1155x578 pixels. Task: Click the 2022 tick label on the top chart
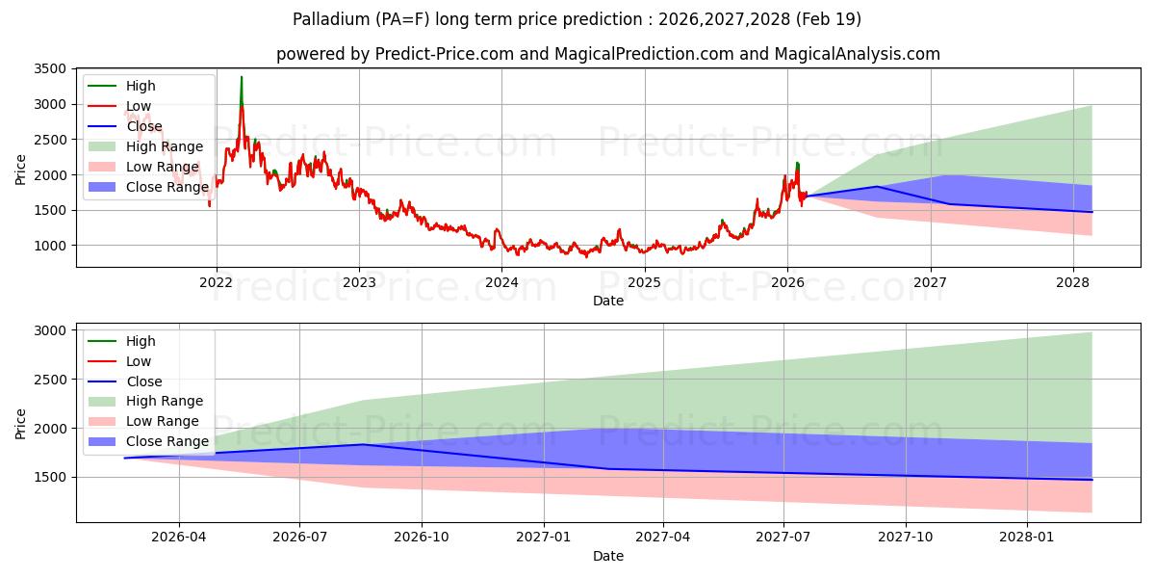[216, 282]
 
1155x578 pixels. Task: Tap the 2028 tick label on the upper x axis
[1073, 282]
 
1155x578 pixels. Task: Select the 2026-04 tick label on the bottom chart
[179, 538]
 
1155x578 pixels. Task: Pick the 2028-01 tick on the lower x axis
[1028, 538]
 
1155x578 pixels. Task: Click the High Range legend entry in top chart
[165, 146]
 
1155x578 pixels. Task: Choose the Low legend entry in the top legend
[139, 106]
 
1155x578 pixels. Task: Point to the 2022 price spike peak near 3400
[242, 77]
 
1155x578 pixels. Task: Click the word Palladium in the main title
[328, 19]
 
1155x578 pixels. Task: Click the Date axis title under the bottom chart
[607, 556]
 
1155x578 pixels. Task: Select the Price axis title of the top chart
[21, 170]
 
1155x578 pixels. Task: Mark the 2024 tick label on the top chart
[501, 282]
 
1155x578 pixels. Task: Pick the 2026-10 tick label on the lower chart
[422, 538]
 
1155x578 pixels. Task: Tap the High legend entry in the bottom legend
[141, 341]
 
